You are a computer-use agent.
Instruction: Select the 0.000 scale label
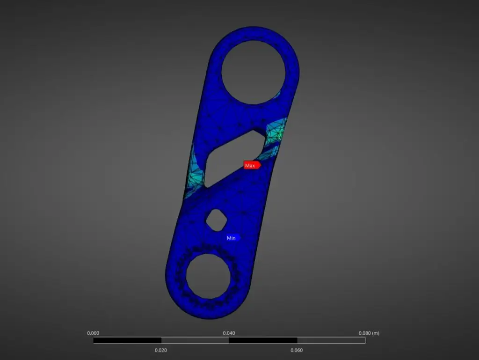(93, 333)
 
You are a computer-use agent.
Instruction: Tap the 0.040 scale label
(229, 333)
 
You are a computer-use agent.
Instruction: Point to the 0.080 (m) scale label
(369, 333)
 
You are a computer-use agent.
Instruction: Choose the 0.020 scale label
(161, 350)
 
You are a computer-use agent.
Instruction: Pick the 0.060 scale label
(297, 350)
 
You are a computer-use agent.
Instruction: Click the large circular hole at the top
(253, 73)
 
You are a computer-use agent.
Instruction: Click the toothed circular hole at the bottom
(208, 276)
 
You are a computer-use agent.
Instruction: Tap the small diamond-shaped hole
(216, 220)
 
